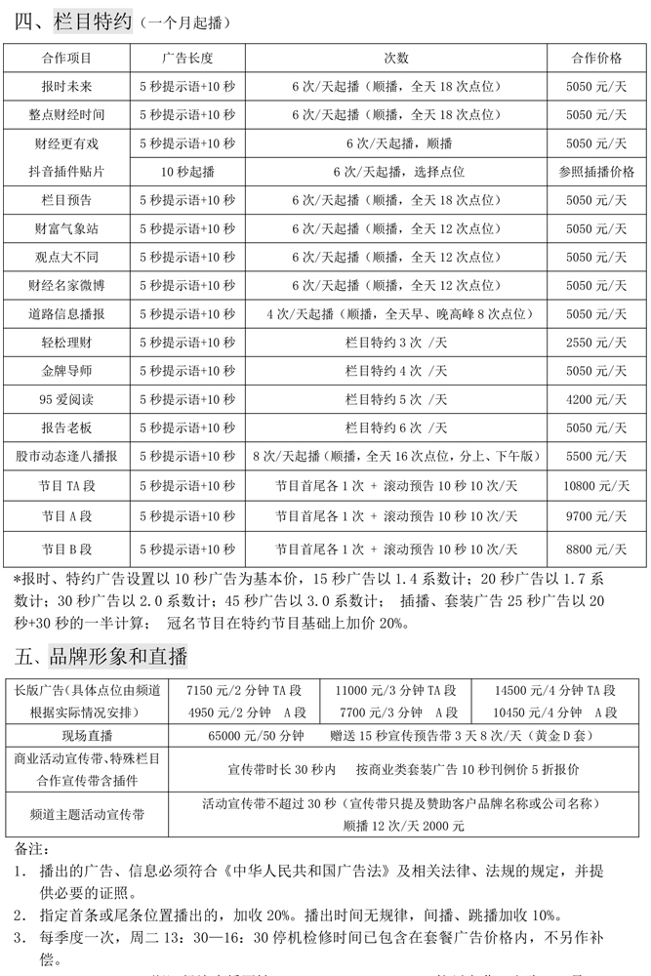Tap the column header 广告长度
click(x=188, y=58)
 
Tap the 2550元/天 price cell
click(x=595, y=343)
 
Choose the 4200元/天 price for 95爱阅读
click(x=595, y=399)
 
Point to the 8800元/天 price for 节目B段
click(x=595, y=549)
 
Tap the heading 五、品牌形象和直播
click(x=102, y=654)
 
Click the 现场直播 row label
click(x=86, y=735)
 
